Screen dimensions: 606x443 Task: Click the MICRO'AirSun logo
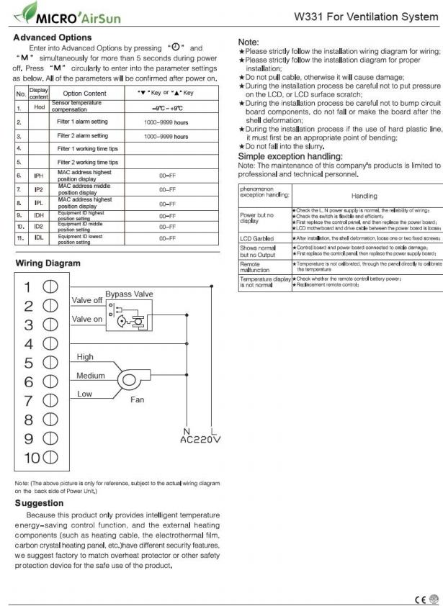68,14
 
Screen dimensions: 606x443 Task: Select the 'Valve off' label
88,300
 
